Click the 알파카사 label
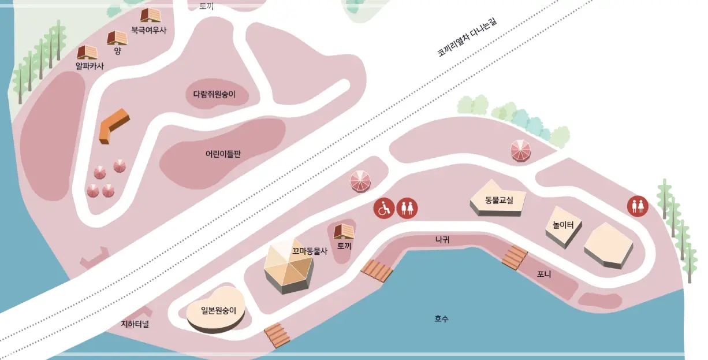tap(90, 66)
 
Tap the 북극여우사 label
tap(148, 30)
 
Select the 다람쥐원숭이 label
tap(218, 94)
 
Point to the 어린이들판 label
tap(222, 154)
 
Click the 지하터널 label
tap(135, 324)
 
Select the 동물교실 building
tap(498, 201)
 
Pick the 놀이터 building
tap(563, 227)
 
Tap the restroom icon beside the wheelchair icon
tap(408, 208)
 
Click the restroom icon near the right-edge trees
tap(638, 206)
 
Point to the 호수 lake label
tap(442, 318)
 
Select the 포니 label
tap(543, 274)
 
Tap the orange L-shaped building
tap(113, 125)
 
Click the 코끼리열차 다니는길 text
tap(467, 38)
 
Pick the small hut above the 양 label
tap(117, 38)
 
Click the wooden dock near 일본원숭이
tap(277, 335)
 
